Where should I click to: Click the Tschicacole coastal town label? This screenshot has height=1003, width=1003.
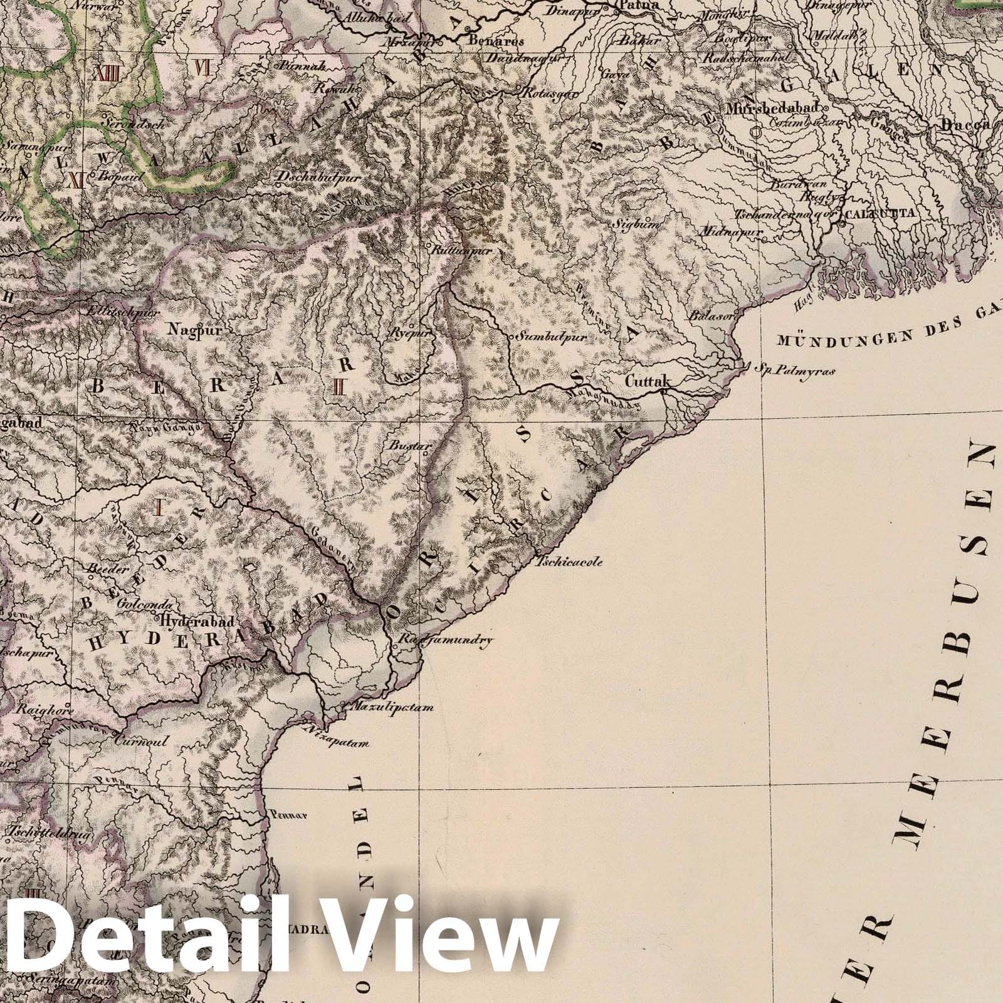click(x=569, y=562)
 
